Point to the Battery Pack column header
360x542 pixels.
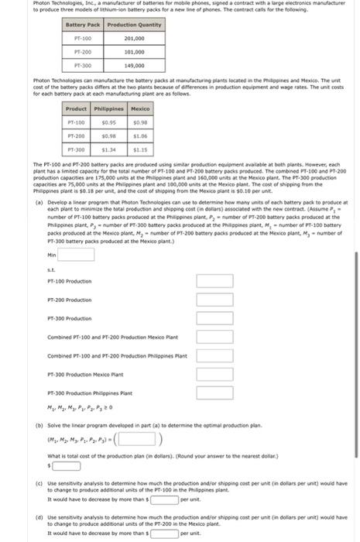click(83, 25)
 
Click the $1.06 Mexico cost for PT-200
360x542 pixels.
click(140, 135)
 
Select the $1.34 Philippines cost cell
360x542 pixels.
click(108, 149)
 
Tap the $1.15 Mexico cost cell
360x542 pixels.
click(140, 149)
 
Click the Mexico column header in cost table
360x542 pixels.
click(140, 109)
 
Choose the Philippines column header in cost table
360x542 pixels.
click(108, 109)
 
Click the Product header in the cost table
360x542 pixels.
click(77, 109)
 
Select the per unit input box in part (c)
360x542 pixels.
click(163, 499)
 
